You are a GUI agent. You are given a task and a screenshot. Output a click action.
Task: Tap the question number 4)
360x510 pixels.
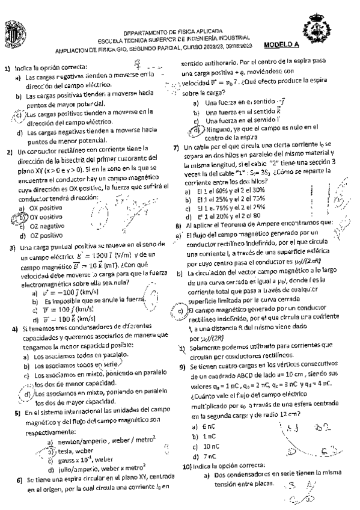pos(15,329)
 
